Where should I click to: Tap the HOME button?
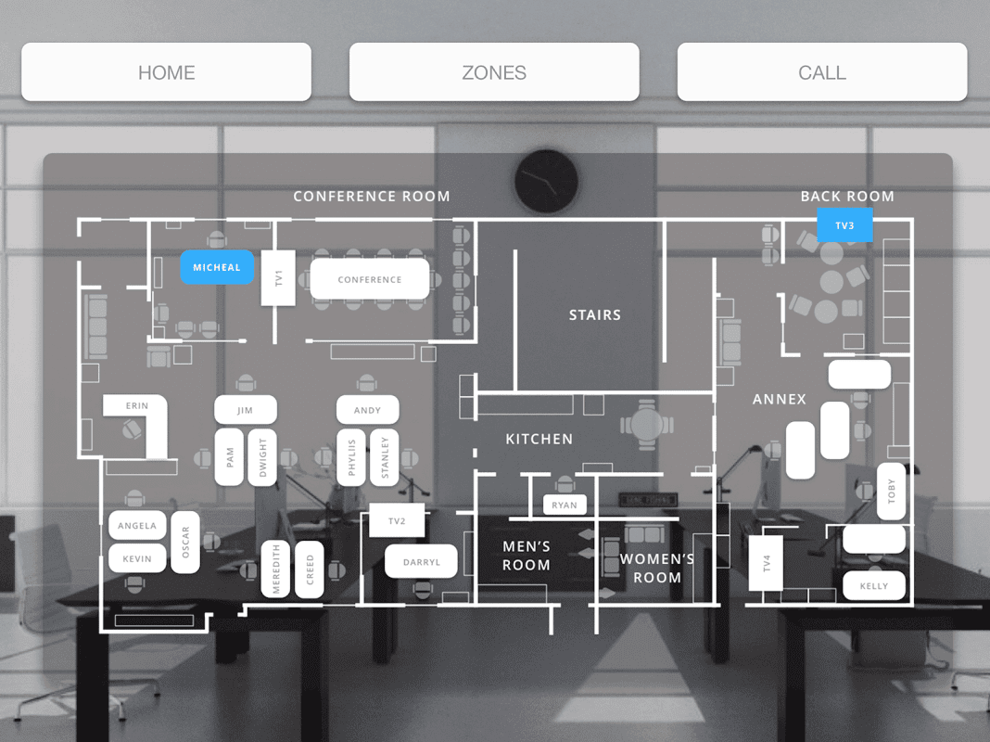tap(167, 72)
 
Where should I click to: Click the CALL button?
tap(822, 72)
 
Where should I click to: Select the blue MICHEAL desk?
tap(217, 268)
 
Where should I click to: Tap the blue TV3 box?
tap(844, 225)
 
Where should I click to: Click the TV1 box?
tap(278, 277)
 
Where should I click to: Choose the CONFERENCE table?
tap(370, 279)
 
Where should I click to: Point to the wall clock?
tap(546, 181)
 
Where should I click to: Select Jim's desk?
tap(245, 410)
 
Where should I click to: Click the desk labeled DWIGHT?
tap(262, 457)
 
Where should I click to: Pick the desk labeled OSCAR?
tap(185, 542)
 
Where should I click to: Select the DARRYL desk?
tap(421, 562)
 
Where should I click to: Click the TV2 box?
tap(397, 521)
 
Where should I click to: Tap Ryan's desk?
tap(565, 505)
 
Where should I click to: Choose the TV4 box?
tap(767, 563)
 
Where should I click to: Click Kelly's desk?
tap(874, 585)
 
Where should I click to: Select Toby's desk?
tap(892, 492)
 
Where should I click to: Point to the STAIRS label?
tap(594, 315)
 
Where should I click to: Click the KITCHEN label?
tap(539, 439)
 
